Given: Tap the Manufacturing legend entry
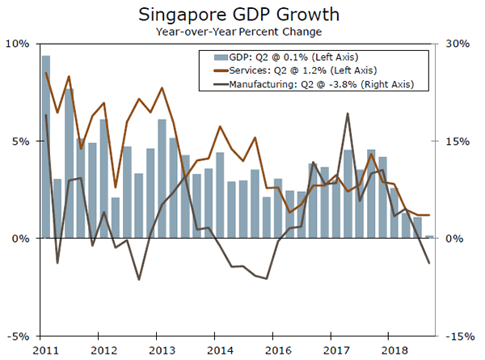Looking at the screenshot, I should [x=311, y=84].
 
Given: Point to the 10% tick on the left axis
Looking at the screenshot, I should [x=19, y=43].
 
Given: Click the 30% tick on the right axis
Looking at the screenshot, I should [x=461, y=43].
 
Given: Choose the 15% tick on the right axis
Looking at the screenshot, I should [x=461, y=141].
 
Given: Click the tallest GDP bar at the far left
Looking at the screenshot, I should [x=46, y=146].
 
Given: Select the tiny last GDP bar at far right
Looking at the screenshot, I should [x=428, y=237].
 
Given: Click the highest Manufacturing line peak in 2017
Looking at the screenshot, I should [x=348, y=113].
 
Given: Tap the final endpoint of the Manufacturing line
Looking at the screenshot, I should [x=428, y=263].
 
